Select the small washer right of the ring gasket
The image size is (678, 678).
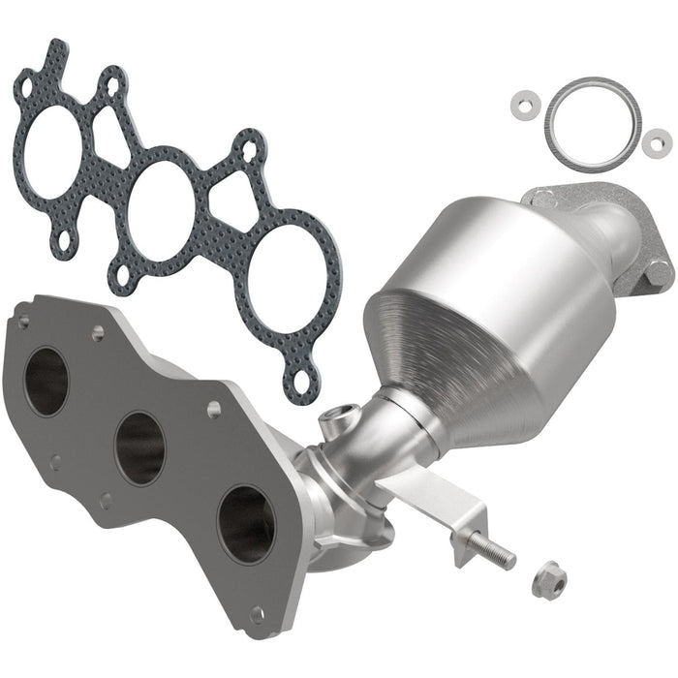tap(657, 139)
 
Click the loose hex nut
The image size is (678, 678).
tap(545, 580)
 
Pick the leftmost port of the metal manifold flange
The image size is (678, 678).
tap(46, 380)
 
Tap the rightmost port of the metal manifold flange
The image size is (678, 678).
tap(243, 522)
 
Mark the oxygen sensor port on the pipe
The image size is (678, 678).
tap(335, 417)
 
